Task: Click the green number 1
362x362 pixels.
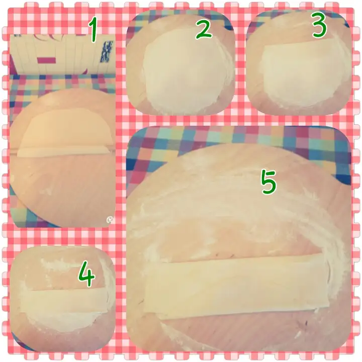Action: tap(93, 30)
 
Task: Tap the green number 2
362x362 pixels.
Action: tap(204, 29)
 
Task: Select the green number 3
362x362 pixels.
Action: tap(320, 25)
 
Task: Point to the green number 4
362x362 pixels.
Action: tap(86, 274)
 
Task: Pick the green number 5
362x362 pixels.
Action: tap(268, 182)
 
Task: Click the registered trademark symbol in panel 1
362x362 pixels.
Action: tap(110, 220)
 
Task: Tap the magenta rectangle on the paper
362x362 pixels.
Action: tap(46, 60)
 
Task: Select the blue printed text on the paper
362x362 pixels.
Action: tap(105, 53)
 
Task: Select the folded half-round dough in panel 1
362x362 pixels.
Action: tap(65, 133)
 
